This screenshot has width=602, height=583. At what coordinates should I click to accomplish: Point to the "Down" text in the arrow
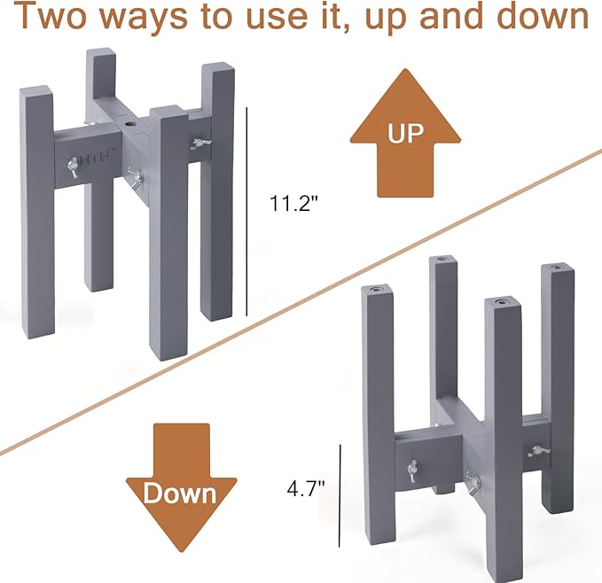(x=181, y=494)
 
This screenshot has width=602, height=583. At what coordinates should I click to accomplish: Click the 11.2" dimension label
(x=294, y=203)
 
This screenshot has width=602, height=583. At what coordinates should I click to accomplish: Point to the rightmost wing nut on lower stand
(x=536, y=451)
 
